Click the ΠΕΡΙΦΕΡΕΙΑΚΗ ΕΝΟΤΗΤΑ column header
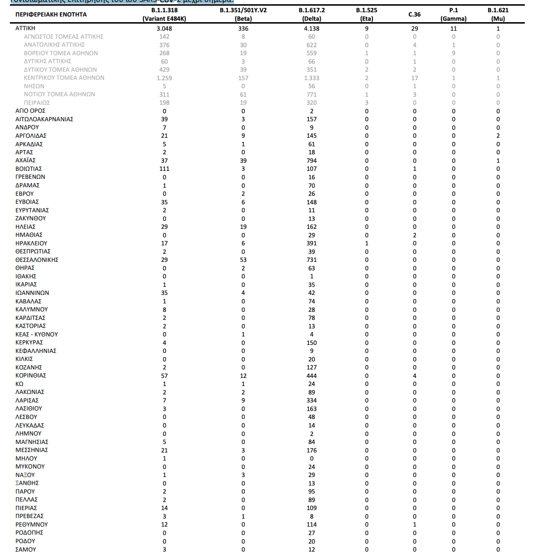coord(51,15)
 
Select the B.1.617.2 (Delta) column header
coord(312,14)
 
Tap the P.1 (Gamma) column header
coord(454,14)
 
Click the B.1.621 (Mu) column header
coord(498,14)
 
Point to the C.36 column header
coord(414,15)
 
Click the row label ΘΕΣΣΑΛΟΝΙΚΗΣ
coord(37,260)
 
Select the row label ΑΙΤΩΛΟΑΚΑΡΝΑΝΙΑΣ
coord(44,119)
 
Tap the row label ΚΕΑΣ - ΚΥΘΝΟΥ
coord(37,335)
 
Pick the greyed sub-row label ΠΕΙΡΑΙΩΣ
coord(37,103)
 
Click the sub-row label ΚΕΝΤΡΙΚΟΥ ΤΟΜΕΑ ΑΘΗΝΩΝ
coord(64,78)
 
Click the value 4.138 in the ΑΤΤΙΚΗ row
coord(312,29)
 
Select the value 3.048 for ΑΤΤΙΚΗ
coord(164,29)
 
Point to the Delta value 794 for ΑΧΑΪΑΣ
coord(312,161)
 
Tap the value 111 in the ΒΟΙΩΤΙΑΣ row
coord(164,169)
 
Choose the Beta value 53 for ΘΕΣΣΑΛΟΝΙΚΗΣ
coord(243,260)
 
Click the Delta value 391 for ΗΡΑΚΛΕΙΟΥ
coord(312,243)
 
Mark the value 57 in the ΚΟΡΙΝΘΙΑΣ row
coord(164,376)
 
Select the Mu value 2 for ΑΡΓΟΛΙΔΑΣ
coord(498,136)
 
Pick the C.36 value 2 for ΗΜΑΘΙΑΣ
coord(414,235)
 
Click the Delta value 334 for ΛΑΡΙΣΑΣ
coord(312,401)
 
